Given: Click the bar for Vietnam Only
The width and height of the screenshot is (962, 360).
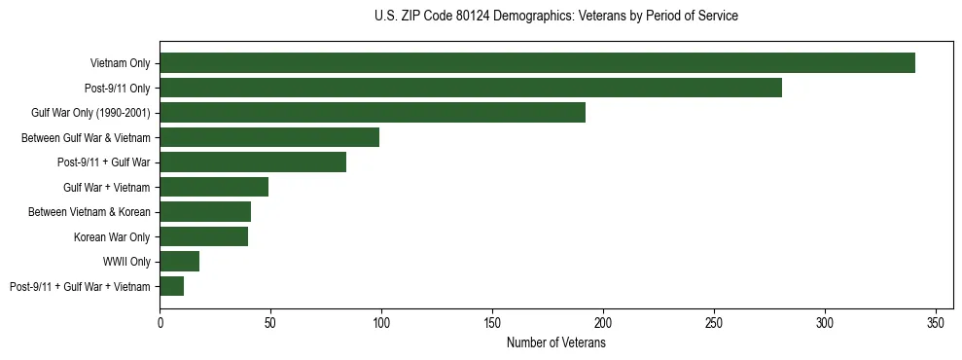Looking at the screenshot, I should coord(537,63).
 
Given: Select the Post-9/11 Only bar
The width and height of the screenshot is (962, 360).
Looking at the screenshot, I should coord(471,88).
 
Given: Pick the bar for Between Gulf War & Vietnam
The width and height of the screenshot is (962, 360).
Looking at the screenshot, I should coord(269,137).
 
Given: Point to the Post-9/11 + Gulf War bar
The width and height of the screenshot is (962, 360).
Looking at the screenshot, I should coord(253,162).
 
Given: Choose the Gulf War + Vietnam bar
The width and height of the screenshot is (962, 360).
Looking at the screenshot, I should coord(214,187).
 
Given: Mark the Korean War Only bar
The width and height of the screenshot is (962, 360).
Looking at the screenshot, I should coord(203,236).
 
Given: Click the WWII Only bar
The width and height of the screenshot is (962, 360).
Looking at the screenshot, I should coord(180,262).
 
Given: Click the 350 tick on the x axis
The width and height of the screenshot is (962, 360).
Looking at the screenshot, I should coord(936,322).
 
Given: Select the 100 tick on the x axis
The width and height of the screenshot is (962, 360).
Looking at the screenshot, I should coord(381,322).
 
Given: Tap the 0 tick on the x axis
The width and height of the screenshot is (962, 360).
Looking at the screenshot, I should coord(160,322).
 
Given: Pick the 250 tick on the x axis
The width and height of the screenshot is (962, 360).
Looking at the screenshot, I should coord(714,322).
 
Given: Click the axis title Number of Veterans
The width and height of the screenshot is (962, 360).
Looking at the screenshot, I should coord(555,342).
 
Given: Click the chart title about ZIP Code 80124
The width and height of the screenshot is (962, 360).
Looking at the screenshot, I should coord(555,16).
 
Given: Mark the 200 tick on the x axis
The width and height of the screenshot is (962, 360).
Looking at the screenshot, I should coord(603,322).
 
